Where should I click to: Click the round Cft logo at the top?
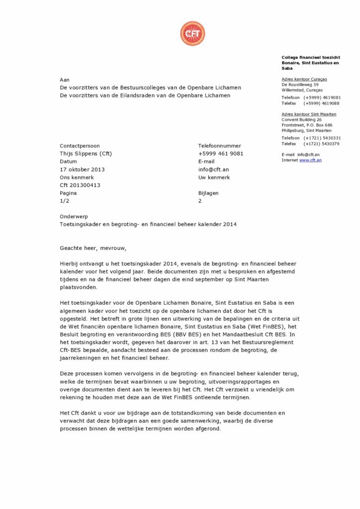[x=192, y=34]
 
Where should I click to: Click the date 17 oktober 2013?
[x=82, y=170]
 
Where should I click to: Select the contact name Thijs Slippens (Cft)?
[x=86, y=154]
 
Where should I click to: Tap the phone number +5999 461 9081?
[x=220, y=154]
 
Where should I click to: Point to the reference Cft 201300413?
[x=80, y=185]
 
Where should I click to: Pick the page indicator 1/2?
[x=65, y=201]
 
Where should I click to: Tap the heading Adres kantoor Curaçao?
[x=304, y=79]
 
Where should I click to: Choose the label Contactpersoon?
[x=80, y=146]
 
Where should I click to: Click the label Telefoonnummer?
[x=219, y=146]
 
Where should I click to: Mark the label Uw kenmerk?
[x=214, y=177]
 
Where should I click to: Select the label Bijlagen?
[x=208, y=193]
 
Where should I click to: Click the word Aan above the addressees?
[x=65, y=80]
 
